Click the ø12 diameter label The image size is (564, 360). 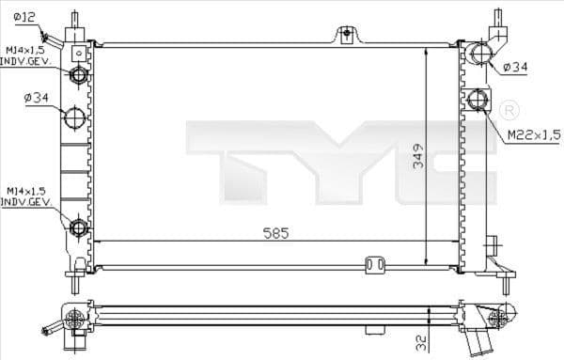coord(25,18)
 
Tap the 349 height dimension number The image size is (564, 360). coord(416,158)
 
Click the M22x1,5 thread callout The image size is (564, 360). coord(533,135)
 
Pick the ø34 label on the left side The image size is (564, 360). coord(35,98)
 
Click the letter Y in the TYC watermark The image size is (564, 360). coord(343,160)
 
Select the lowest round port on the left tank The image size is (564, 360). coord(79,226)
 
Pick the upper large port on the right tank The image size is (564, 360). coord(479,54)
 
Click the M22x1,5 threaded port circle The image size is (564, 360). coord(478,99)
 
